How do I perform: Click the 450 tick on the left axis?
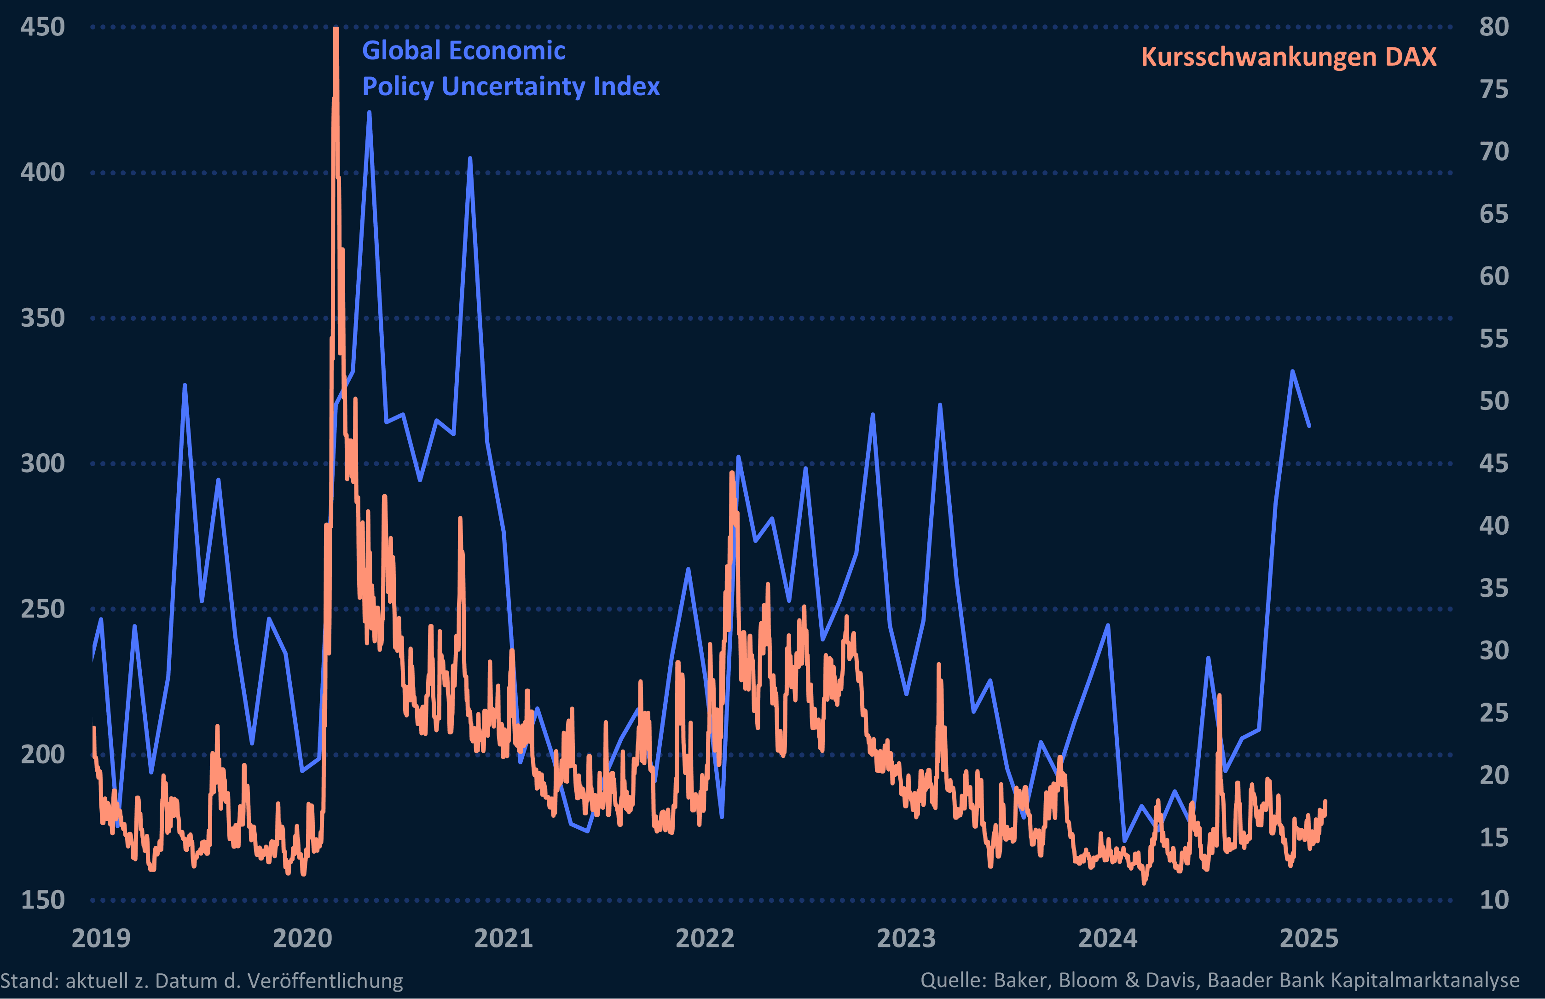point(43,27)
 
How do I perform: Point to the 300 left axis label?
point(43,464)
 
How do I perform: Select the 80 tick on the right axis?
point(1494,27)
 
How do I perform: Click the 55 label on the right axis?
point(1494,339)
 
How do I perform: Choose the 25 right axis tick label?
point(1494,713)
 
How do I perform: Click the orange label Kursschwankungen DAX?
point(1289,57)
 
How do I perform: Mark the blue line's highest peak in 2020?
point(369,112)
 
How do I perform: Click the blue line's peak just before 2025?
point(1293,371)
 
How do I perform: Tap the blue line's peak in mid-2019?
point(185,385)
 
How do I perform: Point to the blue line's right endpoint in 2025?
point(1309,426)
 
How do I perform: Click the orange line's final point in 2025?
point(1325,801)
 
